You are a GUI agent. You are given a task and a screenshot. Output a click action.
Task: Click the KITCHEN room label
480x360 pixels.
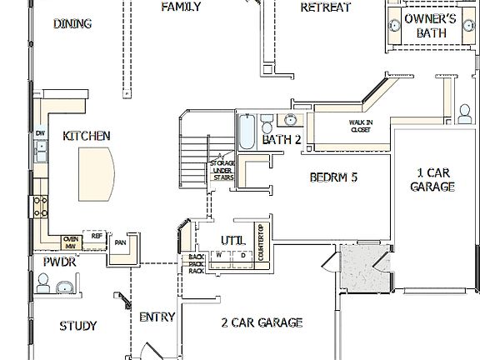(87, 135)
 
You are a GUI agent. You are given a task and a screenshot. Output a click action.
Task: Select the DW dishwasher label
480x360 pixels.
(40, 133)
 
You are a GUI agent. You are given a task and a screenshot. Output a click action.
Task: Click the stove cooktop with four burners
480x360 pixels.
(38, 205)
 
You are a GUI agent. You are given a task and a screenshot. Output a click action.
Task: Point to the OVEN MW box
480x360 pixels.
(71, 242)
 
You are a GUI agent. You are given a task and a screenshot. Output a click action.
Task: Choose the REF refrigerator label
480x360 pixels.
(97, 237)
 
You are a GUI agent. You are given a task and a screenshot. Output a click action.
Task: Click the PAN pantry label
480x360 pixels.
(121, 242)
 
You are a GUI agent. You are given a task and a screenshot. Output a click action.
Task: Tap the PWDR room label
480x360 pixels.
(60, 262)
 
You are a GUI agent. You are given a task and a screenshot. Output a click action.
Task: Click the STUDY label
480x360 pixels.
(78, 326)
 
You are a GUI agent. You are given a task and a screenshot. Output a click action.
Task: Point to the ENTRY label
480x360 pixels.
(157, 317)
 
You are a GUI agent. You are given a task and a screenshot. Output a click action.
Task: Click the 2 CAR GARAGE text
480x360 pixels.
(261, 322)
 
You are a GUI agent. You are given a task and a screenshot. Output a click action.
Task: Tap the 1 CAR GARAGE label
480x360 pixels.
(432, 180)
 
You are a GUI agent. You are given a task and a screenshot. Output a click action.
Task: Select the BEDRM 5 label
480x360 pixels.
(333, 177)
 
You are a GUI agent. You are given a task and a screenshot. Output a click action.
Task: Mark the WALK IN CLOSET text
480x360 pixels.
(360, 126)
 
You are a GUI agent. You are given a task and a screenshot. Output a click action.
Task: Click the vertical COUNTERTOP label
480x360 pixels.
(261, 243)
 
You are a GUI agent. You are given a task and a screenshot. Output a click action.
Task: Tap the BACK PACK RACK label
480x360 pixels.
(197, 263)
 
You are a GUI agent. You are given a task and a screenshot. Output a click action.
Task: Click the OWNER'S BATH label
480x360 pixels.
(431, 25)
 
